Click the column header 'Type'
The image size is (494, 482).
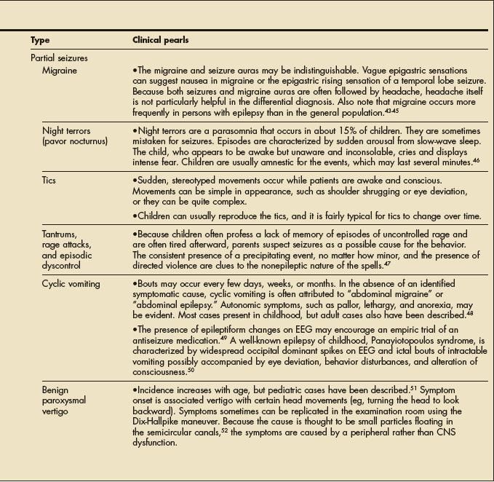pos(40,40)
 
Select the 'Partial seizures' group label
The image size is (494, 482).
pos(60,58)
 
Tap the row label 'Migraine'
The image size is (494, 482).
pos(60,71)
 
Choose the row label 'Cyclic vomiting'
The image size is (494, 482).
pos(71,283)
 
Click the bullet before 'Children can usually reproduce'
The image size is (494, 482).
pos(135,216)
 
